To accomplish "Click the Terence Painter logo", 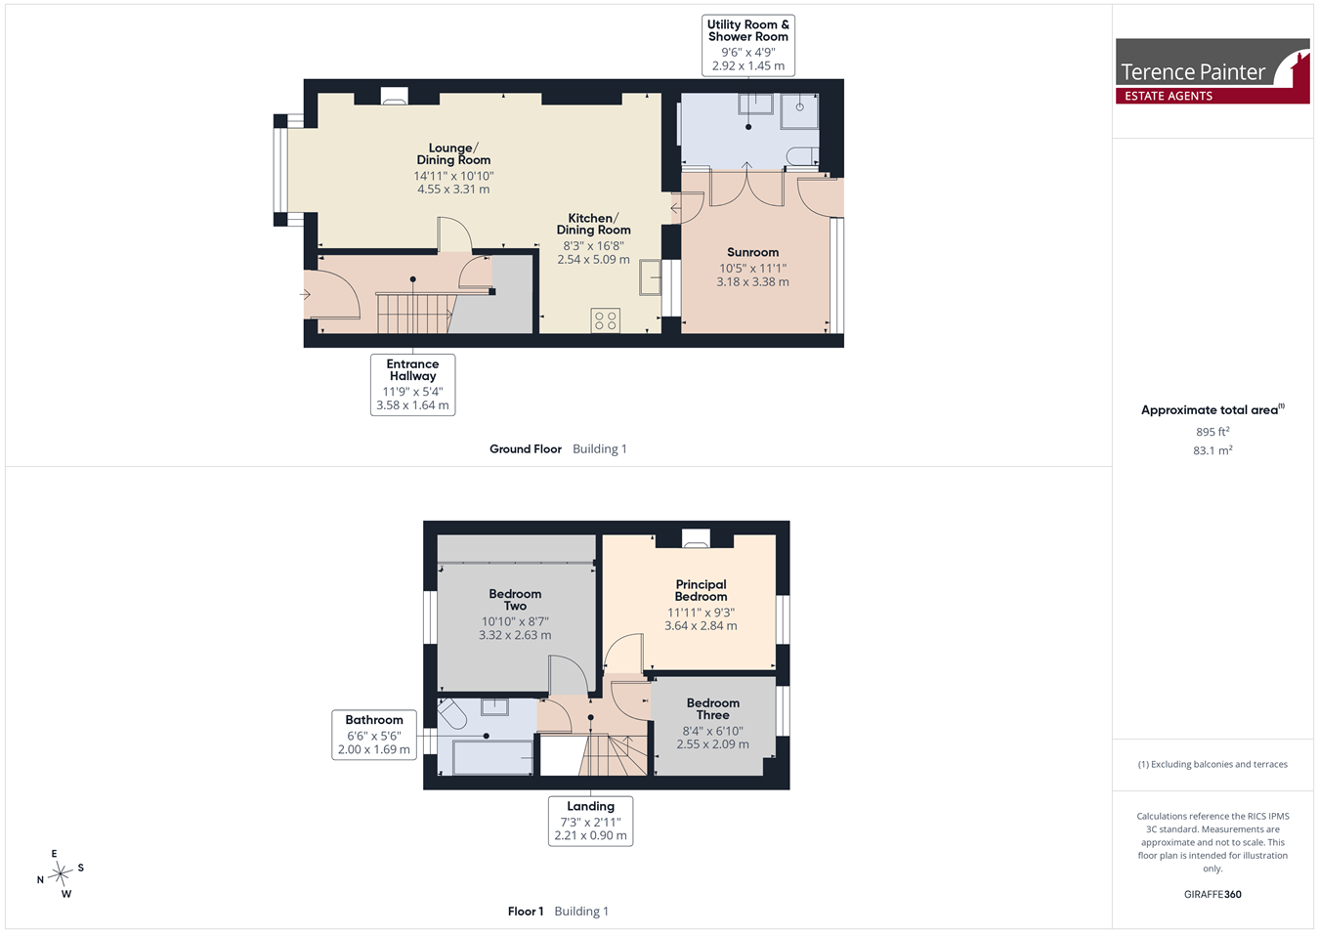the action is pyautogui.click(x=1213, y=71).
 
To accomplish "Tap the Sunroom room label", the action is pyautogui.click(x=752, y=252).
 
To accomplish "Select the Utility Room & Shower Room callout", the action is pyautogui.click(x=747, y=45).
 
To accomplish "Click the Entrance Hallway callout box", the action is pyautogui.click(x=412, y=385).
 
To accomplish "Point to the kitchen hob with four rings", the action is pyautogui.click(x=606, y=320).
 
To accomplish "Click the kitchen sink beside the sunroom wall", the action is pyautogui.click(x=650, y=277).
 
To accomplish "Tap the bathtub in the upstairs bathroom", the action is pyautogui.click(x=492, y=758).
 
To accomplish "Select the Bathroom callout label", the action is pyautogui.click(x=374, y=736).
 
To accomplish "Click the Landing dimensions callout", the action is pyautogui.click(x=590, y=822).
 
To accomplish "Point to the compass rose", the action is pyautogui.click(x=60, y=873).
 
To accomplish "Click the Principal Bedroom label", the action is pyautogui.click(x=701, y=590).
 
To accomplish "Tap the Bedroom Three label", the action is pyautogui.click(x=712, y=708).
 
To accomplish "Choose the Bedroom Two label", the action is pyautogui.click(x=515, y=600).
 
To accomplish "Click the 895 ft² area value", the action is pyautogui.click(x=1213, y=432).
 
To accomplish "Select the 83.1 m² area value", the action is pyautogui.click(x=1213, y=450).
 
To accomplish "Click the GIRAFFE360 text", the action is pyautogui.click(x=1213, y=894).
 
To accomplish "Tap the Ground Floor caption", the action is pyautogui.click(x=526, y=449).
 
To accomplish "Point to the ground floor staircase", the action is pyautogui.click(x=416, y=314).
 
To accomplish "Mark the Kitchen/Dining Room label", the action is pyautogui.click(x=594, y=225).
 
